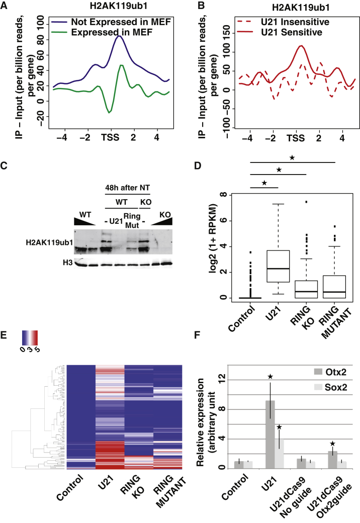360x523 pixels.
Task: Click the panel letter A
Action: tap(6, 6)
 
